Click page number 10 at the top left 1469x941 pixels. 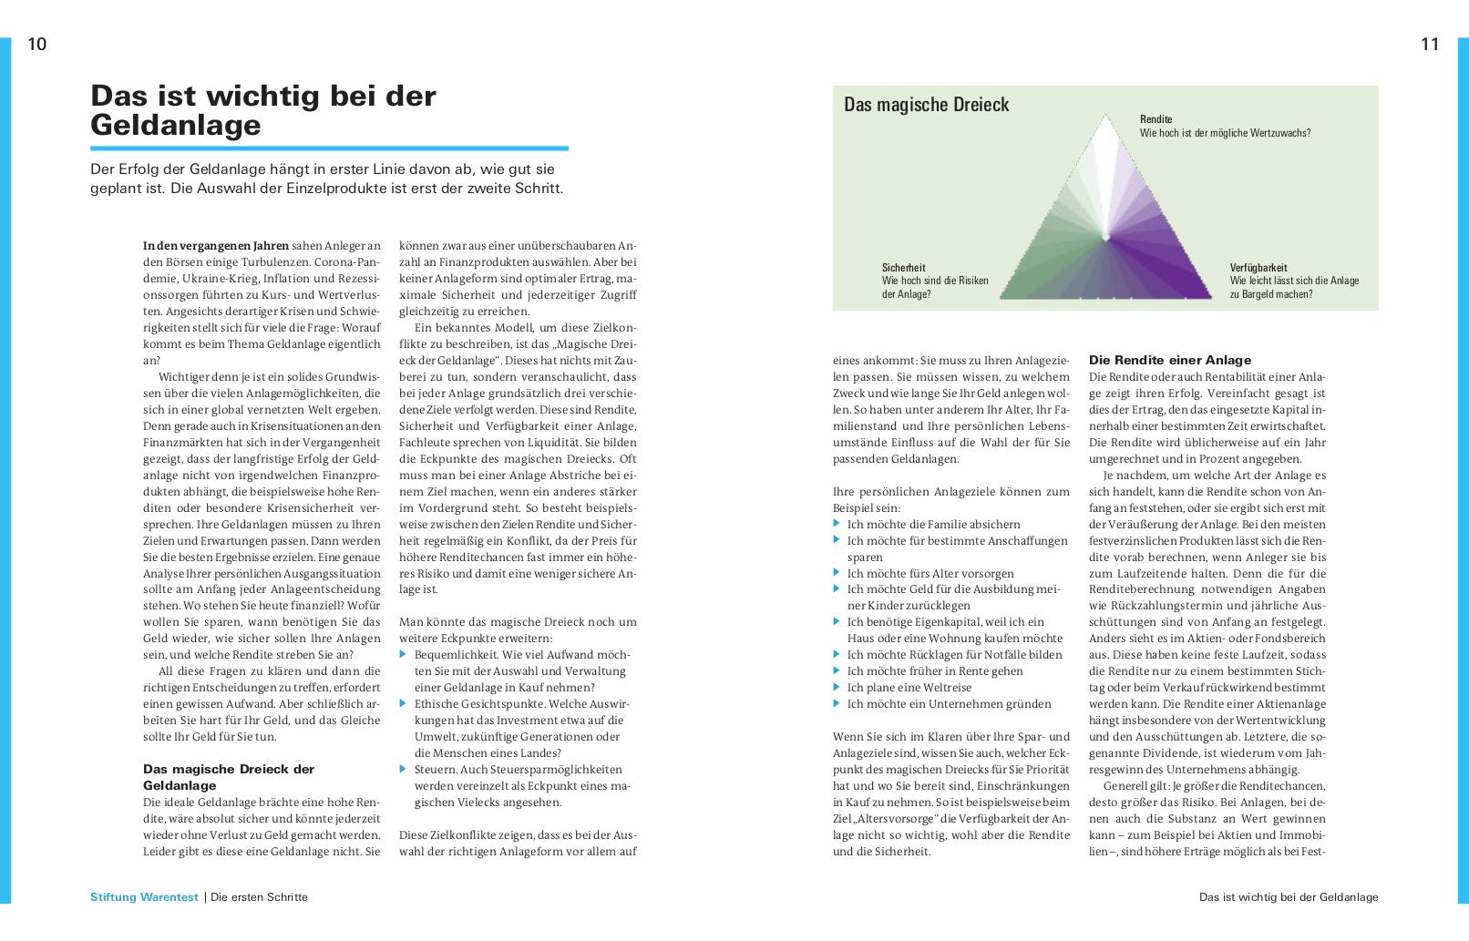point(36,44)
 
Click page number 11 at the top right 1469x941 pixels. point(1430,44)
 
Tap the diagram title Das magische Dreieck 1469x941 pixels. point(926,105)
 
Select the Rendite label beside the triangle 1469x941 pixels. point(1156,119)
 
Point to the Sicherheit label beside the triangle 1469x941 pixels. point(903,268)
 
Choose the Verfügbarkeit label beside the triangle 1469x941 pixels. point(1258,268)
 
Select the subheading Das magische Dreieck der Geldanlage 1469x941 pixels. point(229,777)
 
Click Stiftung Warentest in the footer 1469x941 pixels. point(144,897)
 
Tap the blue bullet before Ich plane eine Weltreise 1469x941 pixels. point(837,688)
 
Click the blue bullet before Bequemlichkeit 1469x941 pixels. point(404,655)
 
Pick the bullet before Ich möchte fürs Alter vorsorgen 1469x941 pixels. point(837,573)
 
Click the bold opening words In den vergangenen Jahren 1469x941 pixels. point(216,246)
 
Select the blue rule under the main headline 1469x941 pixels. point(329,148)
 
